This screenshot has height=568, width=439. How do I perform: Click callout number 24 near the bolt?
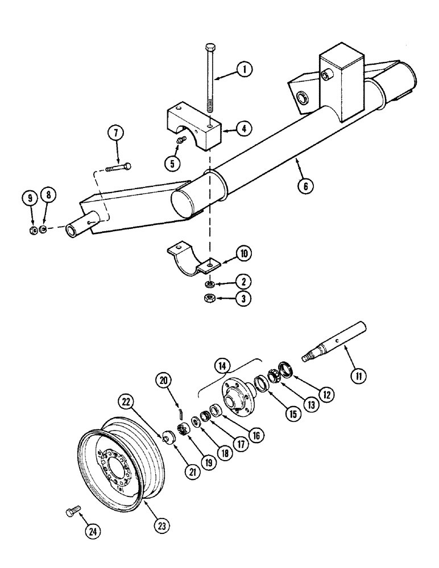click(90, 532)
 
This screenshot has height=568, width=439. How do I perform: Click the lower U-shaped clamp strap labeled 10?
click(189, 259)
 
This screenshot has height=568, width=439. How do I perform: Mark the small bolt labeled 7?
click(118, 167)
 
